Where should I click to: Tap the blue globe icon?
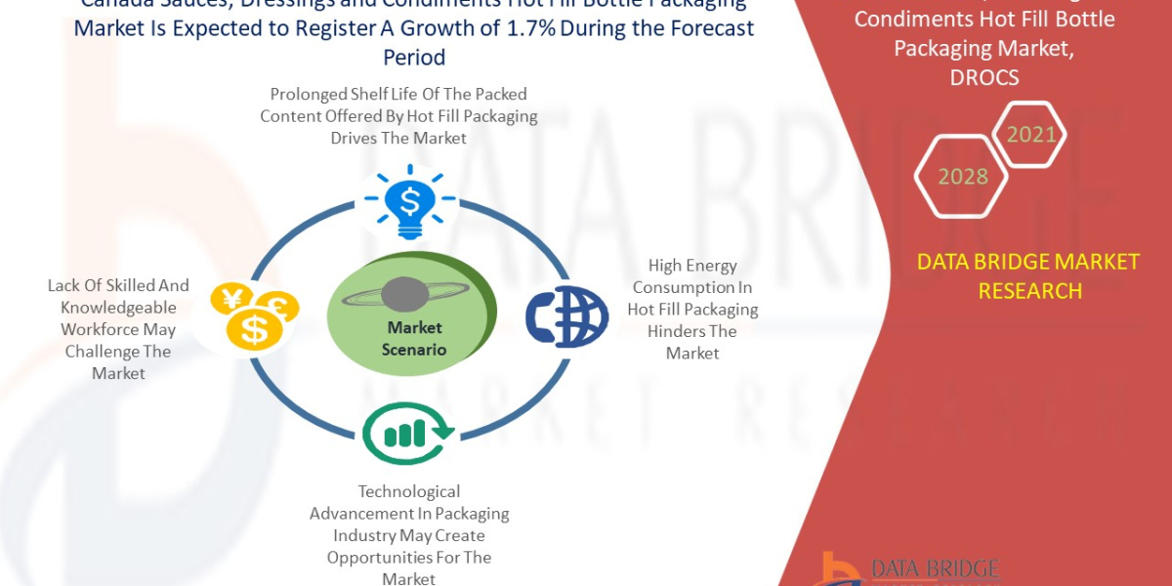[x=566, y=315]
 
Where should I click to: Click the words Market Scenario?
[x=414, y=338]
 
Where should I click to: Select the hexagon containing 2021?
[x=1030, y=134]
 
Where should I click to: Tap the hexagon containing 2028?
[x=962, y=177]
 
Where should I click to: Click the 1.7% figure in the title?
[x=532, y=28]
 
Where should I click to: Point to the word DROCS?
[x=984, y=77]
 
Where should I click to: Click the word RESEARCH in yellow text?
[x=1029, y=291]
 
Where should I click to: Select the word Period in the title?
[x=414, y=58]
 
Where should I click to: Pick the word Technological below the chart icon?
[x=408, y=491]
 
